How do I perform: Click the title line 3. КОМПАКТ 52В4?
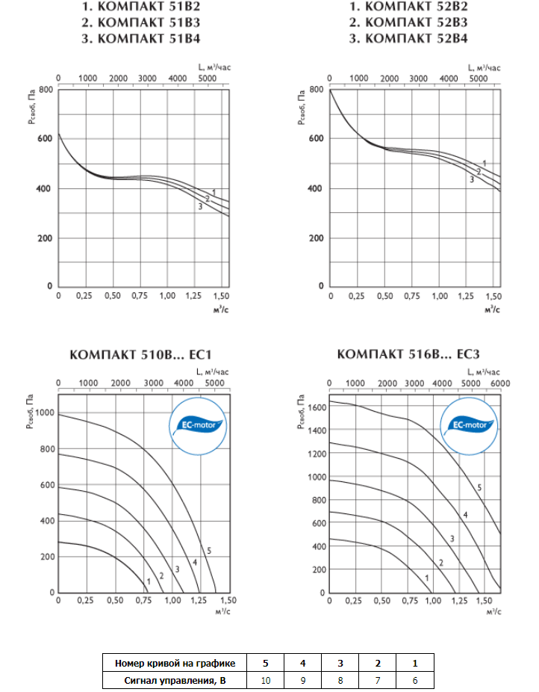coord(408,37)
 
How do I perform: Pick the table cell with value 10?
coord(265,679)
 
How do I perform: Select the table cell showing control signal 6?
coord(415,679)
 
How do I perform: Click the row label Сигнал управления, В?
coord(176,679)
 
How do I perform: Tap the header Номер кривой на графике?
coord(176,663)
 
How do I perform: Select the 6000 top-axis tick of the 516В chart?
coord(499,383)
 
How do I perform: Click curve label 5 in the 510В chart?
coord(210,551)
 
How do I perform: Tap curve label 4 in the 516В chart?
coord(465,515)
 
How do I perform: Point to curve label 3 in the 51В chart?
coord(200,206)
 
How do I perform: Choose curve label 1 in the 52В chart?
coord(485,163)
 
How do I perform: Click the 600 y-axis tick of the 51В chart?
coord(45,138)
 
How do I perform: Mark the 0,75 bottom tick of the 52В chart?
coord(412,297)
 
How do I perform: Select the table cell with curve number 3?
coord(340,663)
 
